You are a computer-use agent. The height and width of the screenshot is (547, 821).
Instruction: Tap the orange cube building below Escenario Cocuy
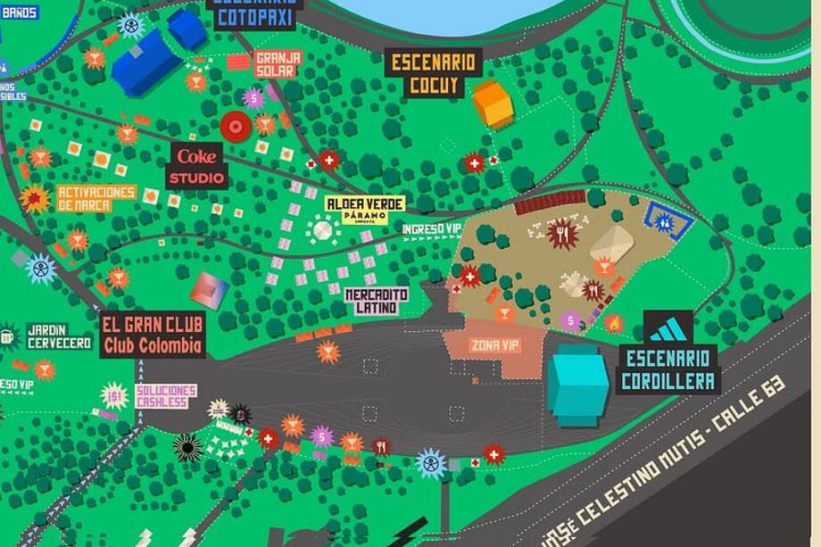pyautogui.click(x=493, y=104)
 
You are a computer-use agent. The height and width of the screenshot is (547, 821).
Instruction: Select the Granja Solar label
pyautogui.click(x=278, y=64)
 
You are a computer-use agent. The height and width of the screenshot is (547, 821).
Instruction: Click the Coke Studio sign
pyautogui.click(x=196, y=166)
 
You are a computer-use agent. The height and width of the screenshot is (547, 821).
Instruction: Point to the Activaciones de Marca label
pyautogui.click(x=96, y=198)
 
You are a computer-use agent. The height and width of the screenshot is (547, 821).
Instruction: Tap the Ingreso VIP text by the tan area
pyautogui.click(x=432, y=229)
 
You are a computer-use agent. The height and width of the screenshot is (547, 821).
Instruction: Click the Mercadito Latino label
pyautogui.click(x=377, y=301)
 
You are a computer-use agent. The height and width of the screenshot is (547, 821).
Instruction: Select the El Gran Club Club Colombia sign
pyautogui.click(x=153, y=336)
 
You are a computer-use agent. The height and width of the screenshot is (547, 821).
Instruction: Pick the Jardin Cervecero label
pyautogui.click(x=59, y=336)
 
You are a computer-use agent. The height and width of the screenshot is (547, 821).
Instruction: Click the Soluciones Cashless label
pyautogui.click(x=166, y=396)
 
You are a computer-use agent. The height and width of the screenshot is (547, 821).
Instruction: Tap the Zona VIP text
pyautogui.click(x=495, y=345)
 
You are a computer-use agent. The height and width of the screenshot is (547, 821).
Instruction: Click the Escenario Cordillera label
pyautogui.click(x=668, y=369)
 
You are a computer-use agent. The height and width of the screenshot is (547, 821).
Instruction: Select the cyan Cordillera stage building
pyautogui.click(x=577, y=385)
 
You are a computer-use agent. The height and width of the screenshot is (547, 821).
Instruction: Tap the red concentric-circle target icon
pyautogui.click(x=236, y=127)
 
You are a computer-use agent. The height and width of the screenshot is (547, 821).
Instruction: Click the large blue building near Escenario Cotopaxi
pyautogui.click(x=146, y=62)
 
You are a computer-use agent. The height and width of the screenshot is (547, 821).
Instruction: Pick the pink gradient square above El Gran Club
pyautogui.click(x=209, y=290)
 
